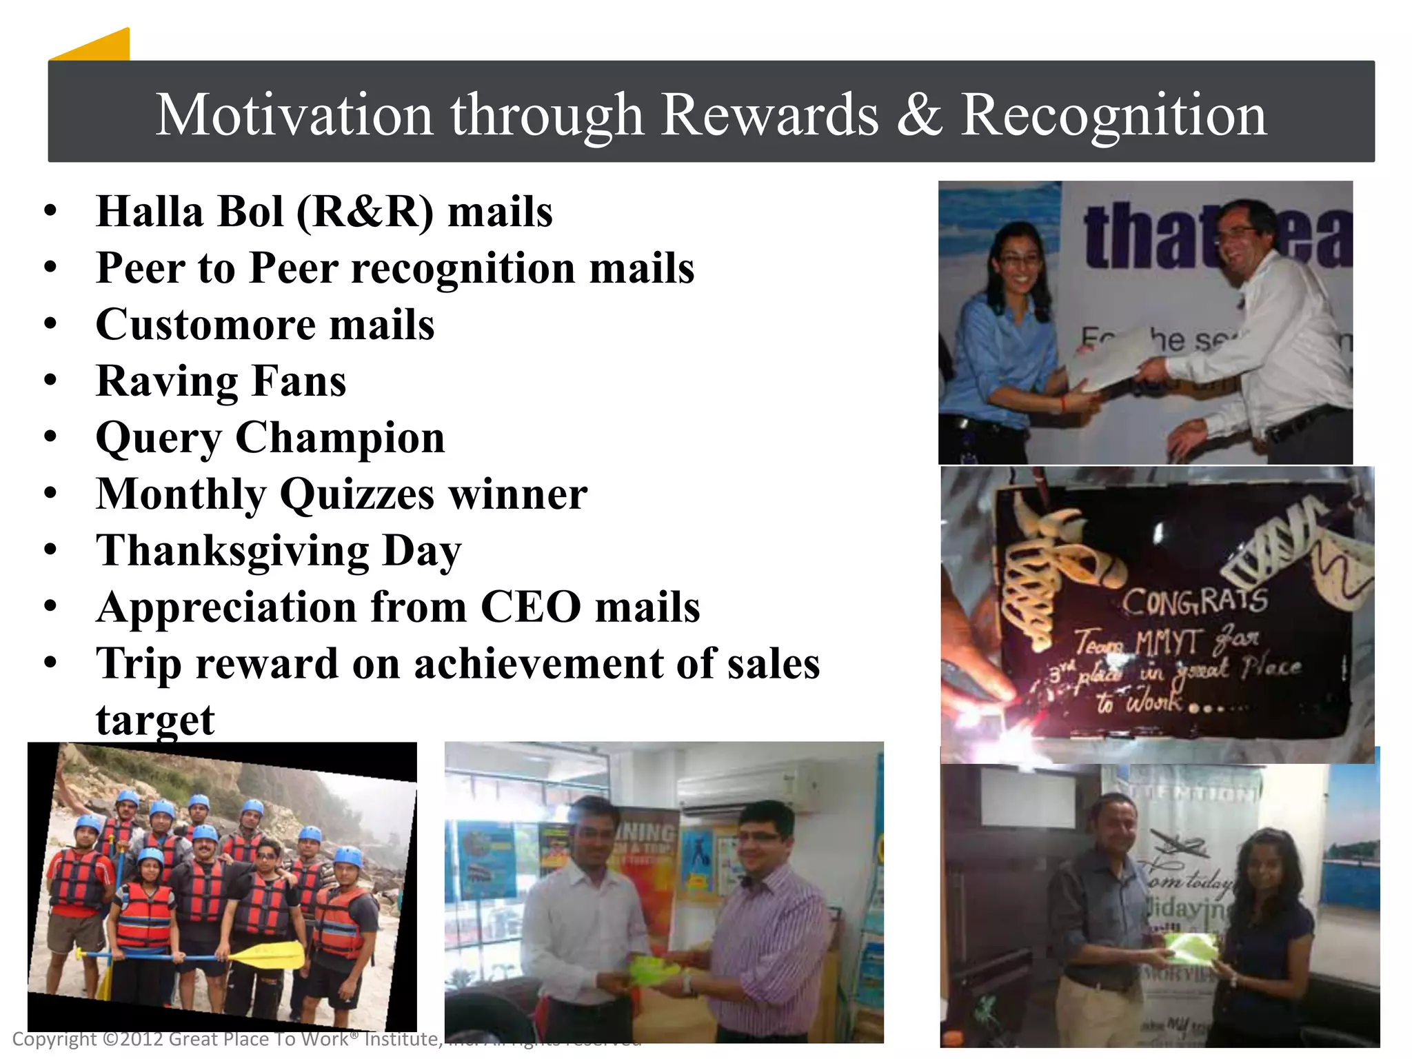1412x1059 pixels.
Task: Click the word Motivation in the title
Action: [294, 114]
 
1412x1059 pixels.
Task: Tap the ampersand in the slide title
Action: [919, 114]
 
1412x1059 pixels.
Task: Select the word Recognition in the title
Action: [1113, 114]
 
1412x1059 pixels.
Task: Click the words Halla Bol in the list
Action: [190, 211]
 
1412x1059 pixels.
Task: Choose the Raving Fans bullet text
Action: [221, 381]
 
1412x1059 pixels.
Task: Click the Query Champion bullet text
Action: [270, 437]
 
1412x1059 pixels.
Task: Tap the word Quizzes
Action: [356, 494]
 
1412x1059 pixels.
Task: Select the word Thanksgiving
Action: [233, 551]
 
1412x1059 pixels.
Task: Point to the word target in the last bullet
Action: [155, 720]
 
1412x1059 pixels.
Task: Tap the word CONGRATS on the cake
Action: [1194, 601]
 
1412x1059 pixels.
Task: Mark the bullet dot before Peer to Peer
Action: [50, 268]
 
